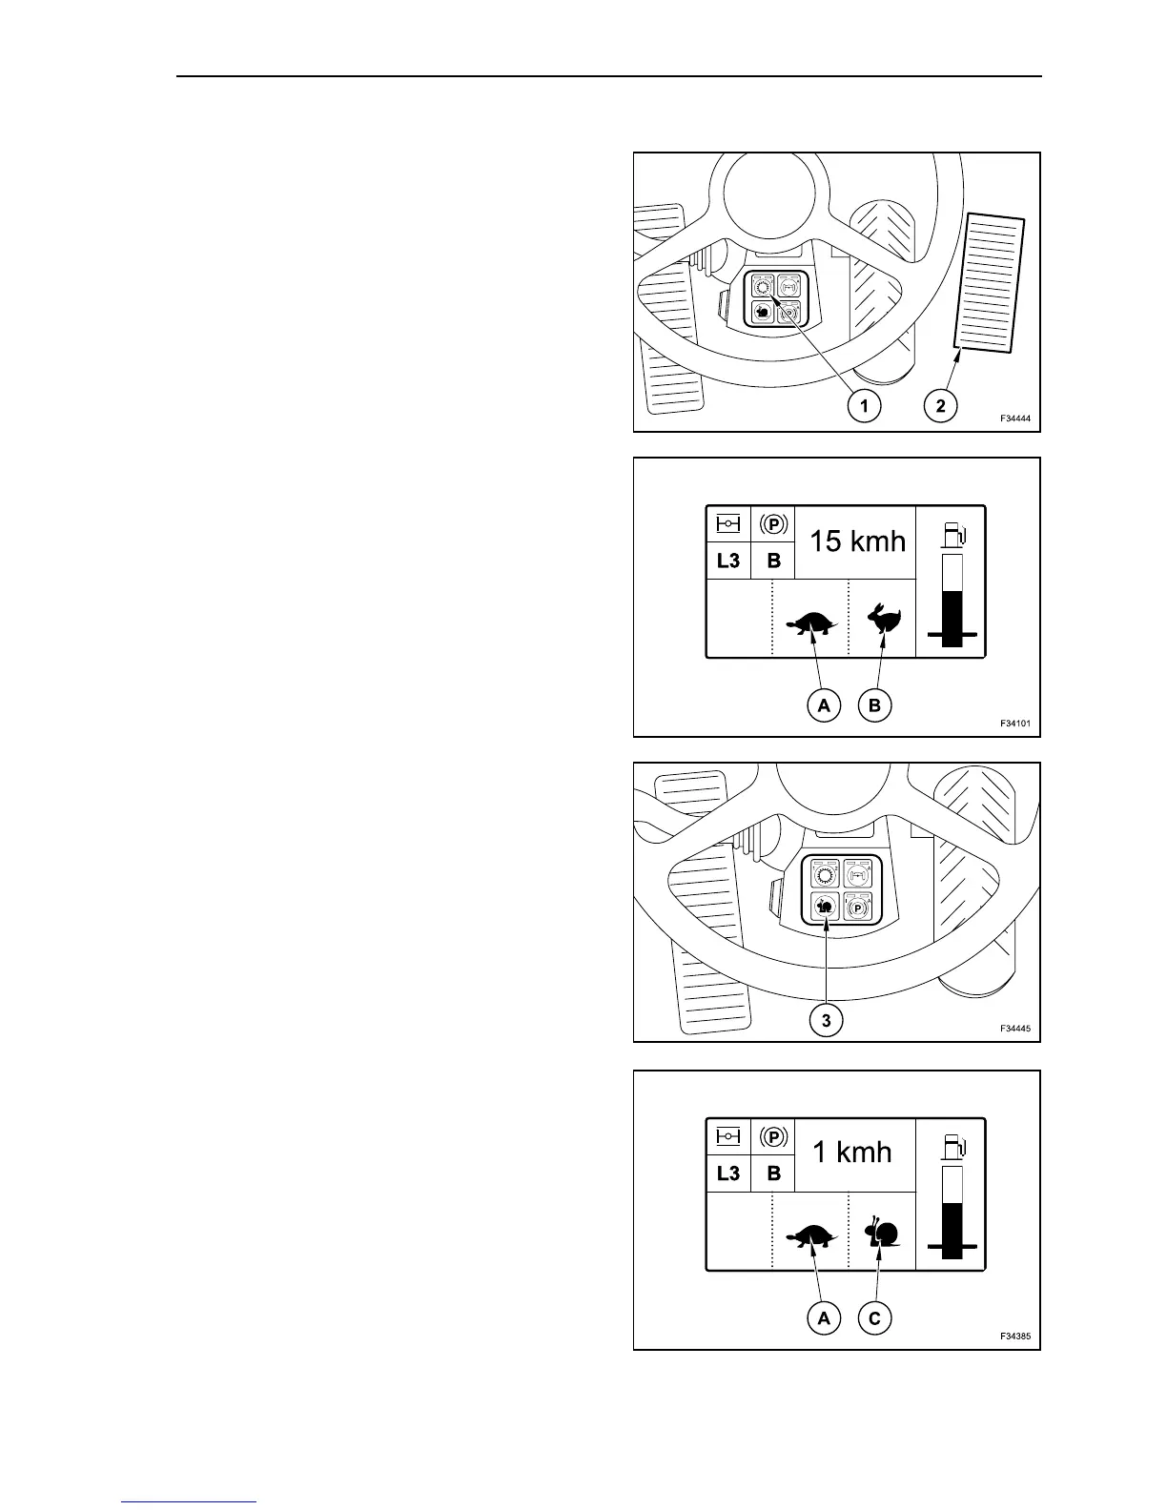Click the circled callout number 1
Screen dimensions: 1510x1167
865,406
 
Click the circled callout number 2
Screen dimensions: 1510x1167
940,406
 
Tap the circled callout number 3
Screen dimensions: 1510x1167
826,1021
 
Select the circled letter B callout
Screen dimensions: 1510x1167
874,706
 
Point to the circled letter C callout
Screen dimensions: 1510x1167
874,1318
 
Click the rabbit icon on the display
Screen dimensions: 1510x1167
883,620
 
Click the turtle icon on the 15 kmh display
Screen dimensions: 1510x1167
811,624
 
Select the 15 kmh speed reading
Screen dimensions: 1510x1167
857,541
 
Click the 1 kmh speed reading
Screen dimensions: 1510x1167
851,1153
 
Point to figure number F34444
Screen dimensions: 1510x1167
1014,418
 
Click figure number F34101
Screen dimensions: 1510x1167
1014,724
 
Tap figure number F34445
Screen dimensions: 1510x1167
1014,1029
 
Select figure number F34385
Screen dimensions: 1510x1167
1014,1336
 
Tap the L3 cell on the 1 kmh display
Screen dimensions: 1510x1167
727,1173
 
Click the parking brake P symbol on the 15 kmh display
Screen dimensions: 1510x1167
773,524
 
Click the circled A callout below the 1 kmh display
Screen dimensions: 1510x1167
823,1318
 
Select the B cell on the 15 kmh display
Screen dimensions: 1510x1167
773,561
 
